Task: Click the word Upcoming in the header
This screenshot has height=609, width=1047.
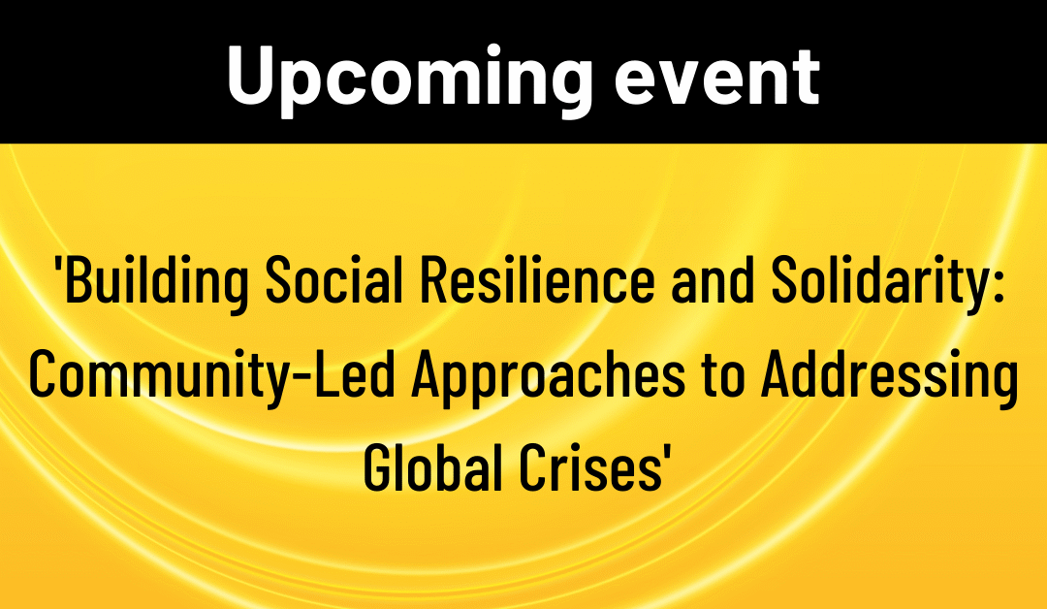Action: tap(407, 75)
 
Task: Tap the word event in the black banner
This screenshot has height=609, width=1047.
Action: tap(717, 75)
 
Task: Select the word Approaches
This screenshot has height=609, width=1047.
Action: tap(544, 378)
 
